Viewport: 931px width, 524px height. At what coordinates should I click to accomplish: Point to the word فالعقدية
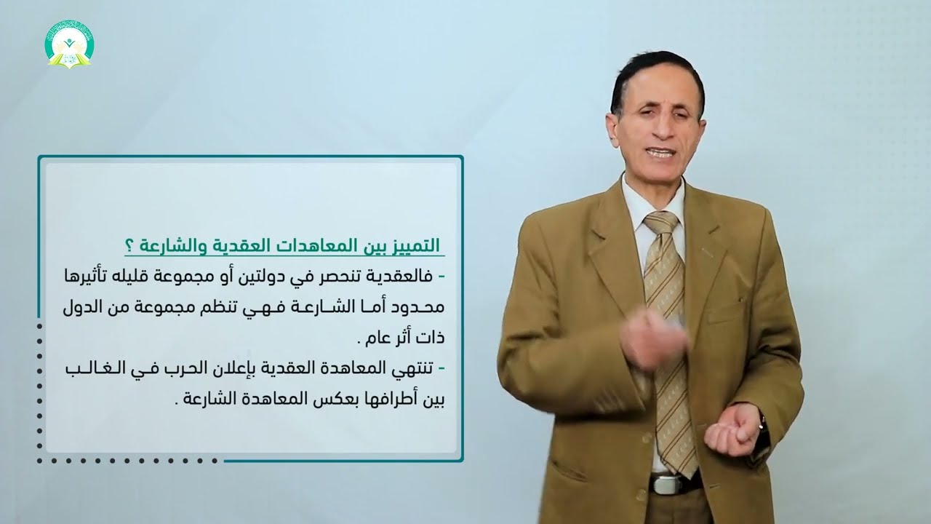click(x=404, y=276)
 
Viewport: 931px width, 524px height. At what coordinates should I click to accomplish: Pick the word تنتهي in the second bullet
click(x=412, y=370)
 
